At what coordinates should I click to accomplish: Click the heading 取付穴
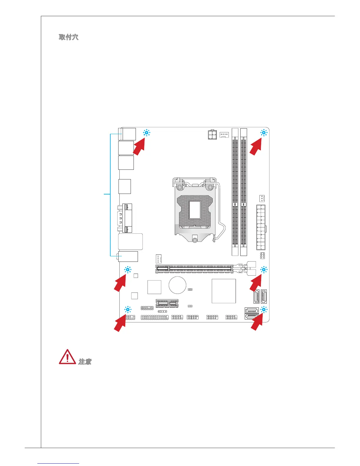[69, 37]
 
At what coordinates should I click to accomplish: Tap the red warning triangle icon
[67, 357]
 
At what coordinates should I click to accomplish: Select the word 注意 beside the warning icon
[85, 362]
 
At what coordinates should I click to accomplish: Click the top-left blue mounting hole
[146, 133]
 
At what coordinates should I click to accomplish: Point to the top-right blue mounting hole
[264, 133]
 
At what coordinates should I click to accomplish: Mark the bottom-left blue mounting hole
[128, 309]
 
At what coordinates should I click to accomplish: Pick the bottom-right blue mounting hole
[264, 309]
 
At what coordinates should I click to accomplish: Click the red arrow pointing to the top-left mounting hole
[139, 148]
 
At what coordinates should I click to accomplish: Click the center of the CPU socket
[195, 209]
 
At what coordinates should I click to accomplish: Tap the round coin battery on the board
[177, 285]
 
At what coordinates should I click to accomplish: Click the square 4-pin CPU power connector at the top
[212, 135]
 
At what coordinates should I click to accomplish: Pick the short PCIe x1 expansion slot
[167, 303]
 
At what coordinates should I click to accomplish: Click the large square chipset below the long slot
[224, 291]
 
